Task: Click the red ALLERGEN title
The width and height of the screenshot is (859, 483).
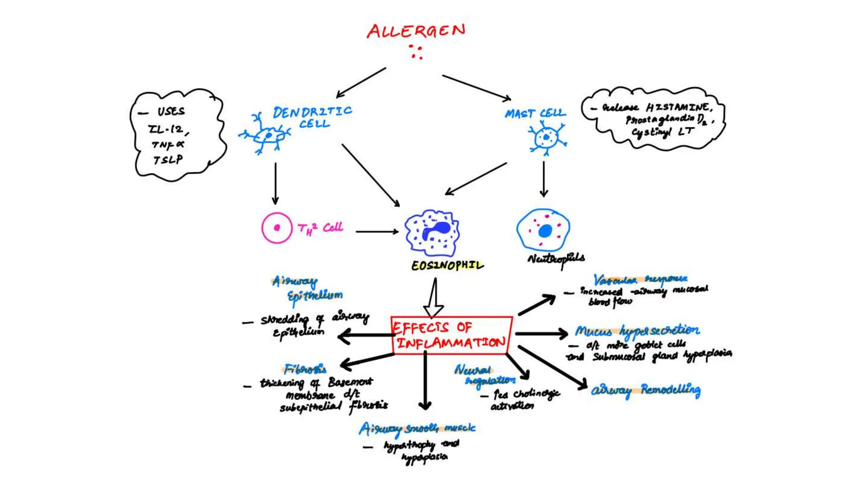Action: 416,31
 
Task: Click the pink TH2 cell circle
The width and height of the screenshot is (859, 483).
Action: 277,228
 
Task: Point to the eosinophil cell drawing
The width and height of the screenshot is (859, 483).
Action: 432,233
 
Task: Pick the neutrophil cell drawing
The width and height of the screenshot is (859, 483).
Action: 544,230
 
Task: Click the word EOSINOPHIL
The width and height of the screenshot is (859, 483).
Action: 447,265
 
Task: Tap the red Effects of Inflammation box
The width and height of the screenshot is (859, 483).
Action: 451,335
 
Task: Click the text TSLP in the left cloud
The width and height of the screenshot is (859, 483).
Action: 168,160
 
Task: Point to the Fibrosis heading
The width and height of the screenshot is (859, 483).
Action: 305,369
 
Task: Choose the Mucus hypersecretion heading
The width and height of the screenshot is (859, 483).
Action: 637,331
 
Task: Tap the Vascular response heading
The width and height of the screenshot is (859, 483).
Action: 640,279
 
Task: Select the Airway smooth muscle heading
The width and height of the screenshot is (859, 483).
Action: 417,428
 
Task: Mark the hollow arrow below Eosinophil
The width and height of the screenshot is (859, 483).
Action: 434,299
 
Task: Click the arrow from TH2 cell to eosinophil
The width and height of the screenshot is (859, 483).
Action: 377,231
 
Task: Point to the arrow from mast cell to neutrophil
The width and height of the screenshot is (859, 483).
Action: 544,179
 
